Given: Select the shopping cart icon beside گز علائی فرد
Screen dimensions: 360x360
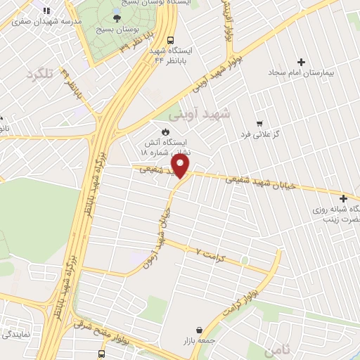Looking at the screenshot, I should (259, 122).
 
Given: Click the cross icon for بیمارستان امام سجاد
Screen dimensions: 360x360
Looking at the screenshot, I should (302, 63).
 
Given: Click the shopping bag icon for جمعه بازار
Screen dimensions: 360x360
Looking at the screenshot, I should (200, 330).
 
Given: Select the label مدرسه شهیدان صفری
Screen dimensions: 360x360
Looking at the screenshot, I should (43, 21).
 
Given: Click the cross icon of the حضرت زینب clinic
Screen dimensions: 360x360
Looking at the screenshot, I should (342, 198).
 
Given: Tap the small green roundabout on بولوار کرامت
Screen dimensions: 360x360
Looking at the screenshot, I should (244, 260).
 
